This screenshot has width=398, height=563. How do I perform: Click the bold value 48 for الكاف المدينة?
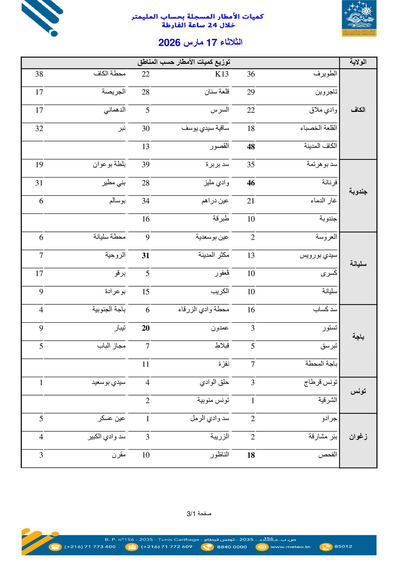coord(251,147)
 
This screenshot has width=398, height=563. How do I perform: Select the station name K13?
coord(222,74)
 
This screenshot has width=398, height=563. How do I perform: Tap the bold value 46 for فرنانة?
coord(251,183)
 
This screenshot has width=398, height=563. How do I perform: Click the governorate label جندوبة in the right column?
coord(358,191)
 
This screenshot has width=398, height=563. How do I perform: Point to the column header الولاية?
coord(358,62)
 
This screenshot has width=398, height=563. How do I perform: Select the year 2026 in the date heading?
coord(169,43)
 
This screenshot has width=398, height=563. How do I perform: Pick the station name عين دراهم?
coord(215,201)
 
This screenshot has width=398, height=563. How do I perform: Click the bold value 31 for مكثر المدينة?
coord(146,256)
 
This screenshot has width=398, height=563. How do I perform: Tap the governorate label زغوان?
coord(358,437)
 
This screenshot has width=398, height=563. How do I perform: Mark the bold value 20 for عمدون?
coord(146,328)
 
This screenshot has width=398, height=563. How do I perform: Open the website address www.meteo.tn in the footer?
coord(291,547)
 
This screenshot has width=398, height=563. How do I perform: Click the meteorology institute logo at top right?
coord(359,18)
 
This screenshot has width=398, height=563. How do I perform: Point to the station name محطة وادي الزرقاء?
coord(204,310)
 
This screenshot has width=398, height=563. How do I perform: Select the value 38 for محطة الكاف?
coord(39,74)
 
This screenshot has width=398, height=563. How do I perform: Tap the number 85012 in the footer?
coord(343,547)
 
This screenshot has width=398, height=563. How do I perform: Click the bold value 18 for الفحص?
coord(251,455)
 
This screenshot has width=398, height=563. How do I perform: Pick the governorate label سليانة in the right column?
coord(358,264)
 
